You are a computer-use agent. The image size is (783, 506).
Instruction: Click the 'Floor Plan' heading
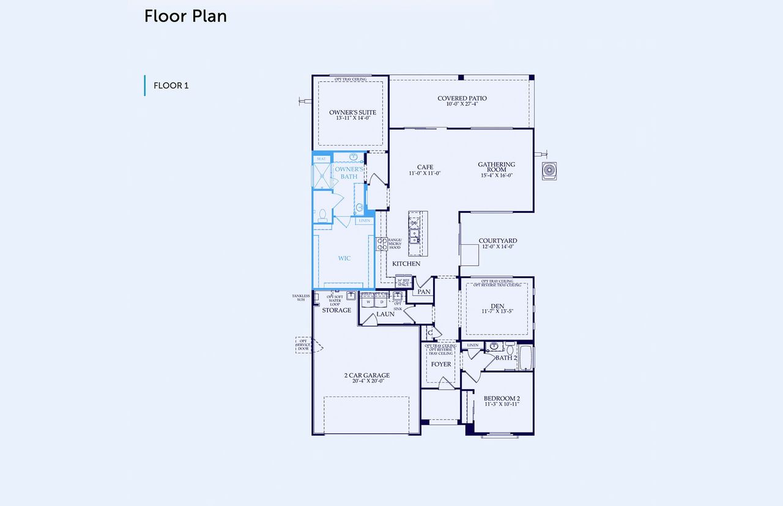point(185,17)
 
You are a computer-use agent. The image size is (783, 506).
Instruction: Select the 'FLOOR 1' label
point(171,86)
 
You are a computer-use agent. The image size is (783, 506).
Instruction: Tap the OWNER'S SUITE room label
point(352,113)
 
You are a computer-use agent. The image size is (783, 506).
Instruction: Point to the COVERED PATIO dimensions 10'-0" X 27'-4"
point(462,104)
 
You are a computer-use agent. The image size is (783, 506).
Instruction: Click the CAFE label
point(425,167)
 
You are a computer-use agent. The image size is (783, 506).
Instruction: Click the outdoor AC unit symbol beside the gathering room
point(549,171)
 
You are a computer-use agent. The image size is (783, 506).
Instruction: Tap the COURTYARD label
point(497,241)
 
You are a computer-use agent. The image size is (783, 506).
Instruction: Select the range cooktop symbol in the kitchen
point(382,244)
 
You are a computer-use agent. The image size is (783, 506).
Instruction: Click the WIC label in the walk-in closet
point(344,258)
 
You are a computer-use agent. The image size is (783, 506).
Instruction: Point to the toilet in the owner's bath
point(322,215)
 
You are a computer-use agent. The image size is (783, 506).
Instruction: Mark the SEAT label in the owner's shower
point(321,159)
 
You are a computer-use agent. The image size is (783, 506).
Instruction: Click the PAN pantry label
point(424,292)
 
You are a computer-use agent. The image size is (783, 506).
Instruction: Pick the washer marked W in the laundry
point(369,302)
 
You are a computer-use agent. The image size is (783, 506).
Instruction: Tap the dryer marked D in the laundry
point(382,302)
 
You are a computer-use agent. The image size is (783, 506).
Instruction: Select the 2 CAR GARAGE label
point(366,376)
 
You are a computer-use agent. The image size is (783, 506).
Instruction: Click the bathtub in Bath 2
point(525,359)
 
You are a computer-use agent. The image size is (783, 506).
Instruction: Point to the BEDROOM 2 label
point(502,398)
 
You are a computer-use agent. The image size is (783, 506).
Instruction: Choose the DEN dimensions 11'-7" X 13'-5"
point(497,311)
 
